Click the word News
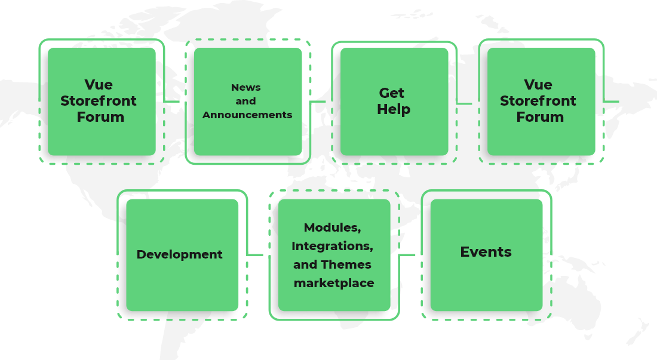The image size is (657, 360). (x=245, y=88)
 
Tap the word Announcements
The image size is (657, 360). (x=247, y=115)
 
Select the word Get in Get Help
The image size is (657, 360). (x=392, y=93)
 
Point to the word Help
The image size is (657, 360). (x=394, y=110)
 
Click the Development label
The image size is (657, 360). (x=179, y=254)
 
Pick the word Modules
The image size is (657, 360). (x=332, y=227)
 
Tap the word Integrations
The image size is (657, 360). (x=332, y=246)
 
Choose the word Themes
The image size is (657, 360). (x=346, y=264)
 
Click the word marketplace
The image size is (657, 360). (x=334, y=283)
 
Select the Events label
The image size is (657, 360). (x=486, y=252)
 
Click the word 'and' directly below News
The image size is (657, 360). (x=245, y=101)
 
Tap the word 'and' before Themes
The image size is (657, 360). (x=305, y=264)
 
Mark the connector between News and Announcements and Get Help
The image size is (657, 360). (x=318, y=101)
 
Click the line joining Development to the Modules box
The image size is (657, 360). (x=255, y=255)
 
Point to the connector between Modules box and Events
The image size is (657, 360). (x=407, y=255)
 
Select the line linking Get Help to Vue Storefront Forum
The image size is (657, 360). (x=465, y=103)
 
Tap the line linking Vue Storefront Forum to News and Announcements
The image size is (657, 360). (x=172, y=101)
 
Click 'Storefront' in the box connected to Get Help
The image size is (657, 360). (x=538, y=101)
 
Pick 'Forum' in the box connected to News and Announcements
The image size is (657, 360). (x=100, y=117)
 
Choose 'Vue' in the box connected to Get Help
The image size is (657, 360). (x=538, y=85)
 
